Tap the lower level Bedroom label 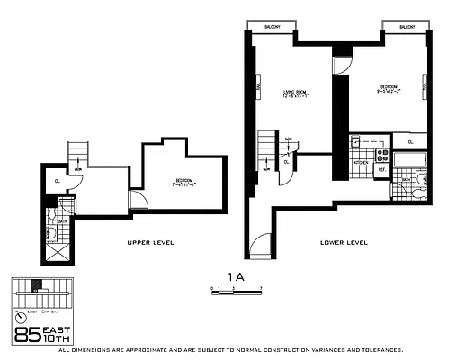[x=389, y=90]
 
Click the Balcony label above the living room [x=272, y=27]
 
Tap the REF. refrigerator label [x=380, y=169]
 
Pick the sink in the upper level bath [x=53, y=232]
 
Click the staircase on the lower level [x=266, y=148]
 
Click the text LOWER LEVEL [x=344, y=243]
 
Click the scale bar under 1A [x=236, y=291]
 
